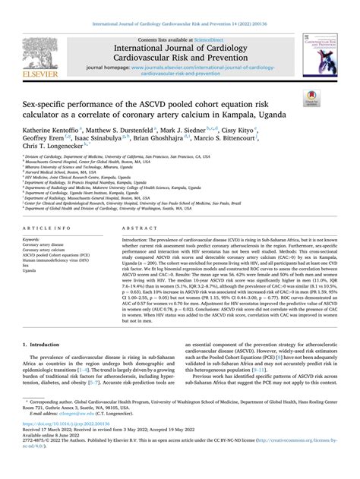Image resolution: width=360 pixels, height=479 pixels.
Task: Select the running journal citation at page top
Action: (180, 7)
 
